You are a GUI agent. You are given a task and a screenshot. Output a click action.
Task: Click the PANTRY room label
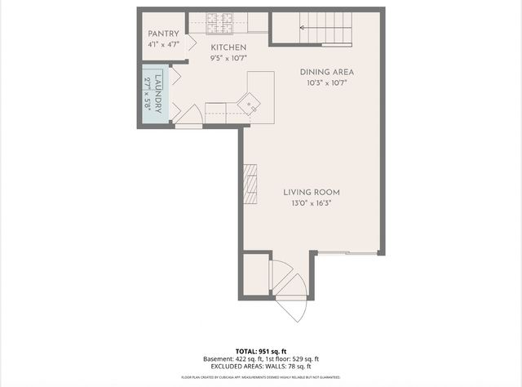163,33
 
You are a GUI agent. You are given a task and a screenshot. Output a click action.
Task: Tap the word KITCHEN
228,47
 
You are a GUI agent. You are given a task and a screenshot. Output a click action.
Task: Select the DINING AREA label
325,72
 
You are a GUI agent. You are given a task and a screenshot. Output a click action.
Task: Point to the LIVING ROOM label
311,192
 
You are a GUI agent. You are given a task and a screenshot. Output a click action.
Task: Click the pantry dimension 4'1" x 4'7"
163,45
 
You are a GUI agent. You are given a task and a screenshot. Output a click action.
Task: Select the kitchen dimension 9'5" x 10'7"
228,58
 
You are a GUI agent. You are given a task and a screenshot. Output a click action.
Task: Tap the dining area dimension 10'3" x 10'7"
325,83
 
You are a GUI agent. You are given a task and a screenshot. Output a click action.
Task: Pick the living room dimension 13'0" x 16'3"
311,202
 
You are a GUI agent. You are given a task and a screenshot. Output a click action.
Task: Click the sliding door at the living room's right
347,254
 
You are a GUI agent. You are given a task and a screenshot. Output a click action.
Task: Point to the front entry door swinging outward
292,308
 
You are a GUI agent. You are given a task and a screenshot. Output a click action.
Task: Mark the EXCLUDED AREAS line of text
261,367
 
